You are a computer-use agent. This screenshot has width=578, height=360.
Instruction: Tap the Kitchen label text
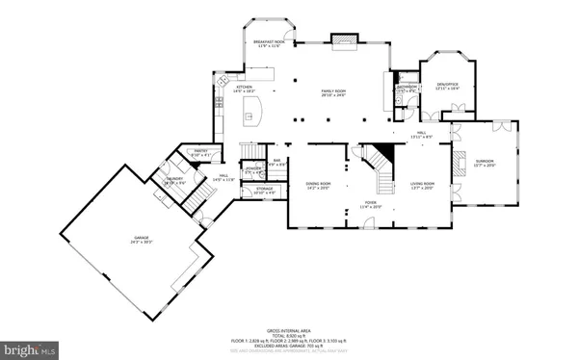pos(243,89)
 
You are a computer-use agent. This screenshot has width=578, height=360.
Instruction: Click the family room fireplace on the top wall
pos(345,39)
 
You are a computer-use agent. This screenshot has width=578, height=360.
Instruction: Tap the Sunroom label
pos(484,163)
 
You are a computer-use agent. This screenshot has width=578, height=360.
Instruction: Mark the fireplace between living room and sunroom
pos(460,161)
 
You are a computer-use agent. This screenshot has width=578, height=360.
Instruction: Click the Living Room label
pos(423,185)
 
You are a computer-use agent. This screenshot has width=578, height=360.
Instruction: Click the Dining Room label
pos(318,185)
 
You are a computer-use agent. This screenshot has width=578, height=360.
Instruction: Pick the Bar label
pos(276,163)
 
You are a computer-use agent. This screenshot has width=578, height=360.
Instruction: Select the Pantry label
pos(201,153)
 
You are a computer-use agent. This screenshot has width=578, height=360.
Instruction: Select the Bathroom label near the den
pos(406,89)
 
